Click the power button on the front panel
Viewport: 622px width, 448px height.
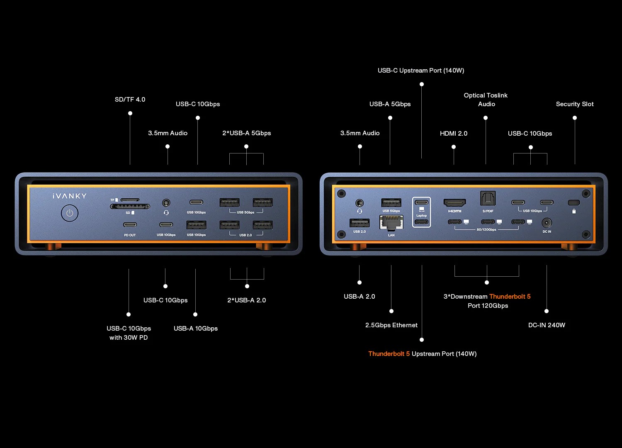pos(70,213)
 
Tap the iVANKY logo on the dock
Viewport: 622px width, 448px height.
pos(70,196)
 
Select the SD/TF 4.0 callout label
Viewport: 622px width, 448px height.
pos(130,100)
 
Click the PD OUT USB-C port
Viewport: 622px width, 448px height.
pos(130,225)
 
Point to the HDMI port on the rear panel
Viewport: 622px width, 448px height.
pos(454,202)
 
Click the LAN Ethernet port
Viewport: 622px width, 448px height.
pos(391,223)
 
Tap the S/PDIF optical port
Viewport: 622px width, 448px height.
pos(488,199)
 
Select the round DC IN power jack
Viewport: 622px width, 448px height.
pos(547,223)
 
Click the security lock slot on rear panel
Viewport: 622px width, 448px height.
pos(573,202)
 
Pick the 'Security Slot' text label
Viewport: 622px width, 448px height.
pos(575,104)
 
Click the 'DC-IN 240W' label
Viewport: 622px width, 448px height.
pos(547,325)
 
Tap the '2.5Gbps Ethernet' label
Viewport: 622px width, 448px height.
pos(391,325)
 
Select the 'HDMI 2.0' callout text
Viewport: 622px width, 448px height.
pos(453,134)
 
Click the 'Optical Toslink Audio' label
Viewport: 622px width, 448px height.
pos(486,100)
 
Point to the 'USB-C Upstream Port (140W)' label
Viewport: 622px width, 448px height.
pos(420,71)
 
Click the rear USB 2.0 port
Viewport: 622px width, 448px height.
pos(359,223)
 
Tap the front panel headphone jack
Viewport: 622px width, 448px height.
pos(166,203)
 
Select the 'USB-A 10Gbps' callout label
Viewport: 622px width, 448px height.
pos(195,329)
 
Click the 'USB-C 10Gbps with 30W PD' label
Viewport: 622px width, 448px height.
pos(129,333)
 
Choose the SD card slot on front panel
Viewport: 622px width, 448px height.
pos(130,206)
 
